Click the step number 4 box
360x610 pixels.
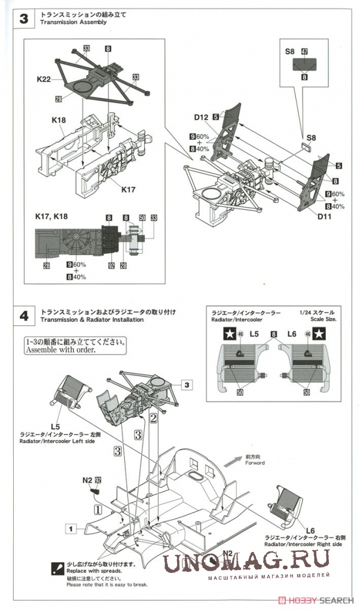[x=23, y=316]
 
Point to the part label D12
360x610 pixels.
[x=200, y=117]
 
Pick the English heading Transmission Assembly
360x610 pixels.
[x=73, y=22]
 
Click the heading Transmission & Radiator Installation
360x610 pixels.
[x=92, y=320]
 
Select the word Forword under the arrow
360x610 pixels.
[x=254, y=463]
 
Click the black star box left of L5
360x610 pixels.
[x=228, y=335]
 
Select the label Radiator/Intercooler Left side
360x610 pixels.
[x=57, y=441]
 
